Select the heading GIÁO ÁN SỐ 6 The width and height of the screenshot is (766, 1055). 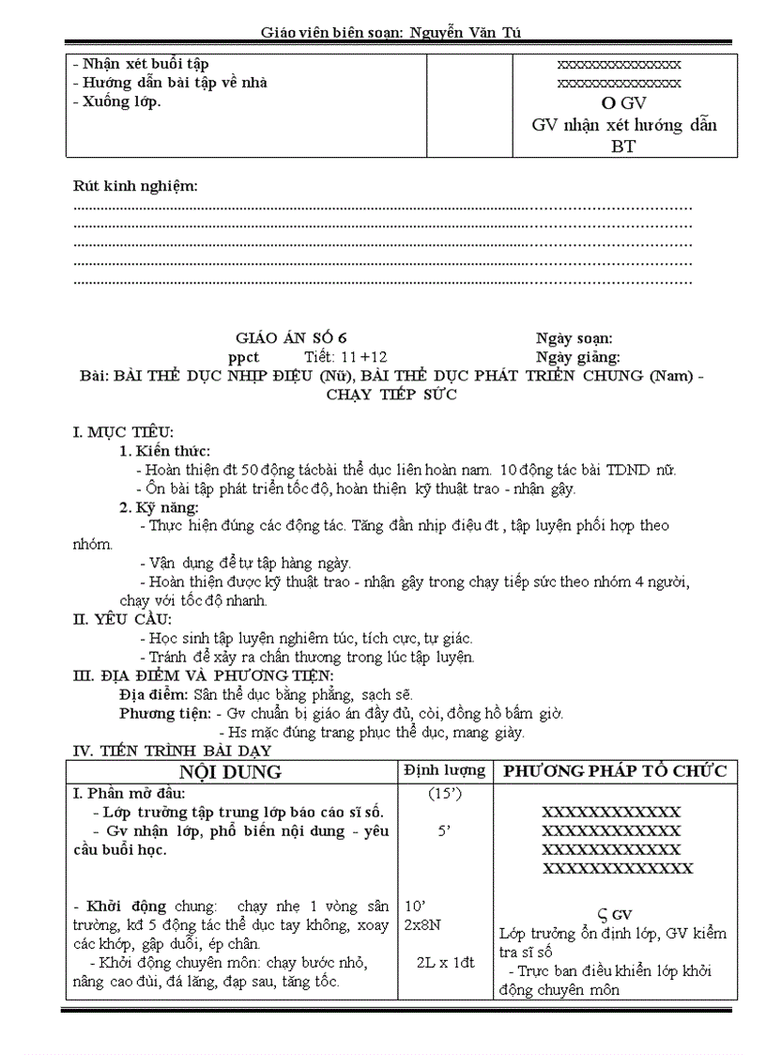click(x=296, y=338)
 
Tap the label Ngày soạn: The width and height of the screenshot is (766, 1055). click(x=574, y=338)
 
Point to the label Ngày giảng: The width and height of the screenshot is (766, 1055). click(x=577, y=357)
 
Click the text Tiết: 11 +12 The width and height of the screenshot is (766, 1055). click(x=345, y=357)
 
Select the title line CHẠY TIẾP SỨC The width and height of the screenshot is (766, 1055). click(x=391, y=395)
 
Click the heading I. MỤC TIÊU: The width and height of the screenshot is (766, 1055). click(x=117, y=433)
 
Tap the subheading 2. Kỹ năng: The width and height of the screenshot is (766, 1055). click(x=159, y=507)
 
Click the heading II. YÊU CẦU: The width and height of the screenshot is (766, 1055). click(x=122, y=619)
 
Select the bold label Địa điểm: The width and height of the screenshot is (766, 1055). click(x=154, y=694)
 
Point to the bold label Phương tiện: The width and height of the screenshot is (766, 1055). click(x=164, y=713)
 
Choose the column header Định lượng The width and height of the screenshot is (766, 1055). click(x=445, y=770)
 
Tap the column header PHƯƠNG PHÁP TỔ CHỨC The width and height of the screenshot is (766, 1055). click(x=616, y=771)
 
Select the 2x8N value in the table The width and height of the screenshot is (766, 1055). click(x=422, y=924)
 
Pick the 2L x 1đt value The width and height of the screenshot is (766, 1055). click(x=445, y=962)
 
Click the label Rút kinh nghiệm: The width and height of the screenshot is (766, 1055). click(x=136, y=186)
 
